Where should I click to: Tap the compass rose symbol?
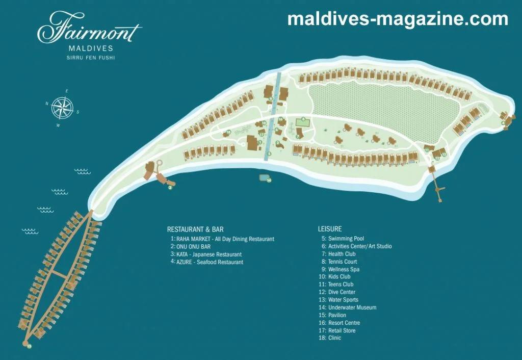63,108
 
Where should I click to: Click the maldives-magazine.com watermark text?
398,19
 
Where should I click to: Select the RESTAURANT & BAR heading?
195,229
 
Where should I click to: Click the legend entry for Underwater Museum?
352,307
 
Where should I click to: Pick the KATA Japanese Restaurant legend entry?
208,254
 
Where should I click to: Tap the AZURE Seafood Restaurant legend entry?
210,262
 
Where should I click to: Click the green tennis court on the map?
303,122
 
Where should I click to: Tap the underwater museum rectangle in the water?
265,178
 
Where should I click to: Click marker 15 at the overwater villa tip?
29,346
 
